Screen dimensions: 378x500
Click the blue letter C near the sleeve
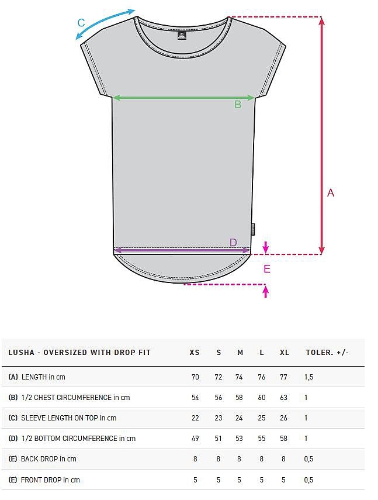[x=81, y=23]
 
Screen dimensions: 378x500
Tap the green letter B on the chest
[x=238, y=104]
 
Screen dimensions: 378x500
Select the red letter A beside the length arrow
[x=331, y=193]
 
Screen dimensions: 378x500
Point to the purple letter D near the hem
[x=234, y=242]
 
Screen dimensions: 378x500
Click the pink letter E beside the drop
[x=267, y=269]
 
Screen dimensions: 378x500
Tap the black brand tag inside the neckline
[x=182, y=36]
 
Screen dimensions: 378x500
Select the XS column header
[x=195, y=353]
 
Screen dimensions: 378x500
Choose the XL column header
[x=285, y=353]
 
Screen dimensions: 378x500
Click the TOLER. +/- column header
[x=327, y=353]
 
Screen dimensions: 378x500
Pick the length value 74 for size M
[x=239, y=377]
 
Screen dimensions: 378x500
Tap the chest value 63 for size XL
[x=283, y=397]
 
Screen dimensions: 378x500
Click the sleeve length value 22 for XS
[x=195, y=418]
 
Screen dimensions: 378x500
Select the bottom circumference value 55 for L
[x=262, y=439]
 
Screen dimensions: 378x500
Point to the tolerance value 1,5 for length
[x=308, y=377]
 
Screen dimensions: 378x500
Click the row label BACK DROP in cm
[x=48, y=459]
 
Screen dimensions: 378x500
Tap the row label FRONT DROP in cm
[x=50, y=480]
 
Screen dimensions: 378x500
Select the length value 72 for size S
[x=218, y=377]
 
